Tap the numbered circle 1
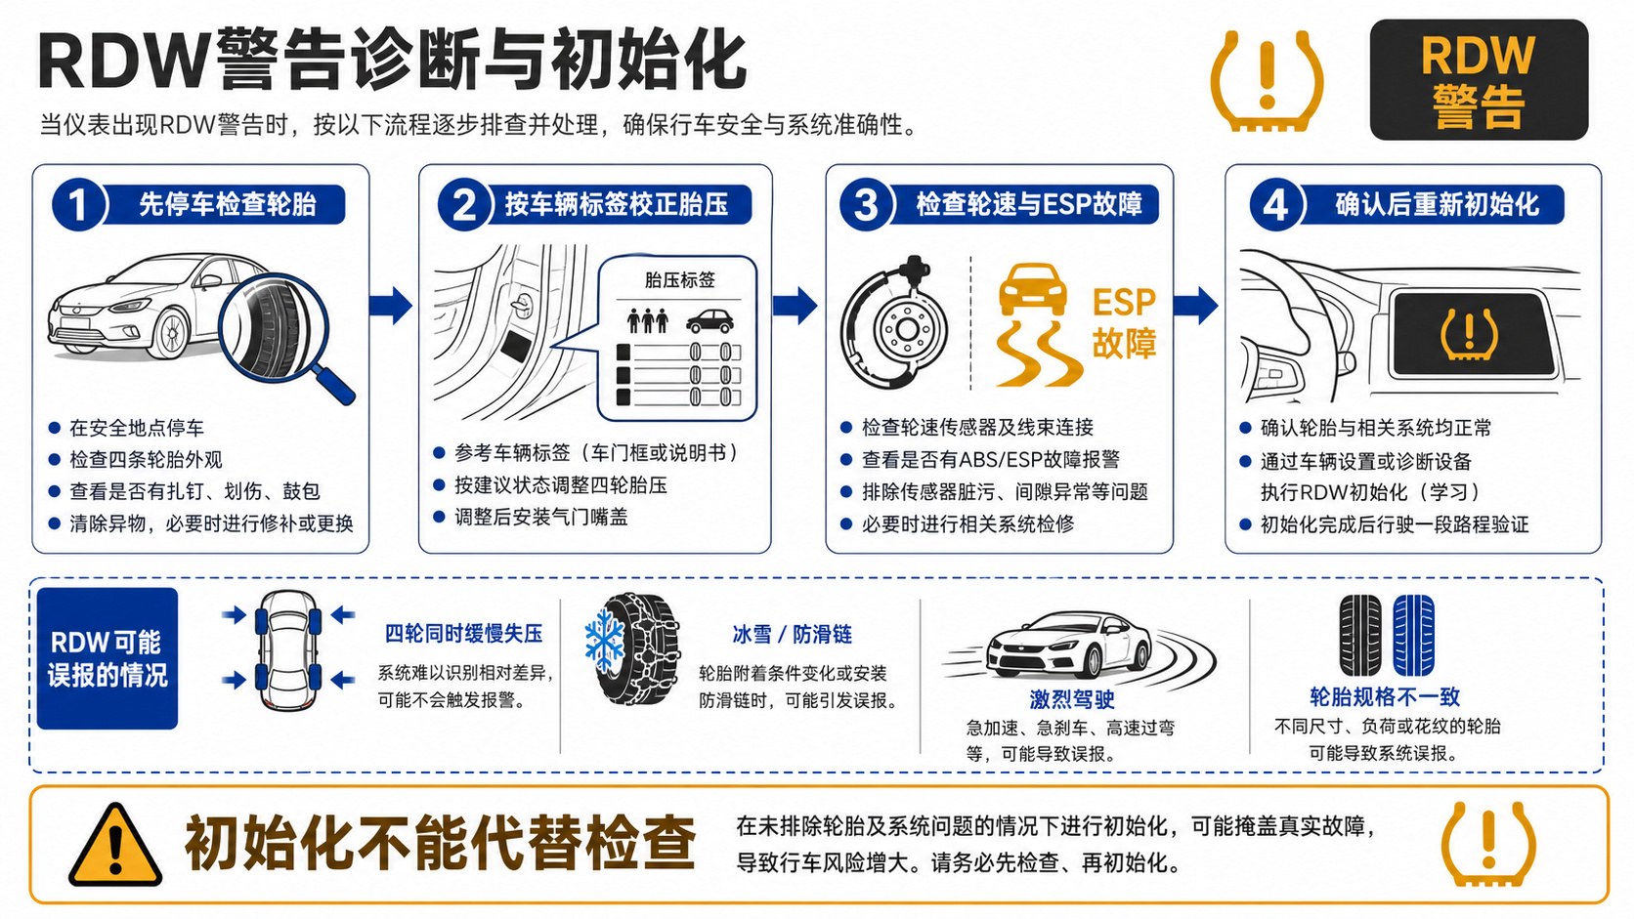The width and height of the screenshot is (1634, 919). (78, 205)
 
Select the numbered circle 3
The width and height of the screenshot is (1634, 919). (866, 205)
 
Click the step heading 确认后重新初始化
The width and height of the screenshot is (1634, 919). (1437, 204)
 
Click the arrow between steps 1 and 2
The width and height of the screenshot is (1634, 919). (391, 305)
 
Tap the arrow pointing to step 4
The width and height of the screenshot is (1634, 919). (1196, 305)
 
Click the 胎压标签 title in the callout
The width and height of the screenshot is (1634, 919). (680, 280)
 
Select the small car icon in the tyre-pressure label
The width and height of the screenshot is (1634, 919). (709, 321)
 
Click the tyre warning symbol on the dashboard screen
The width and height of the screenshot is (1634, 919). (1469, 334)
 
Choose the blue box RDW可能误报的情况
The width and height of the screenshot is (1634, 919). (107, 658)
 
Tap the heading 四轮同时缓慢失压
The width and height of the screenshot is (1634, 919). (464, 633)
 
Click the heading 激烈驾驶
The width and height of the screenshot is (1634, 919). (1072, 699)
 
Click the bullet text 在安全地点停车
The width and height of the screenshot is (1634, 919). (137, 428)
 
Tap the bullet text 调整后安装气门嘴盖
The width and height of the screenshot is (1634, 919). (541, 518)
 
